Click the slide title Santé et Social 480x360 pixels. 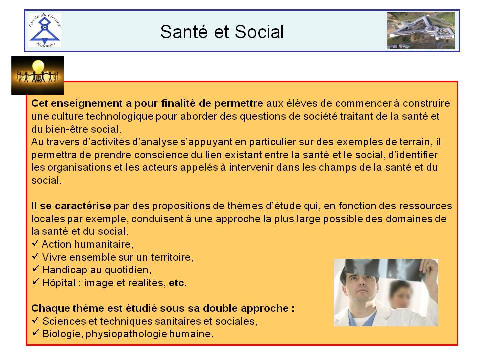(x=222, y=32)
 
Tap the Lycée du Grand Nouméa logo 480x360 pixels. (x=45, y=30)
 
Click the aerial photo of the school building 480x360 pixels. (x=421, y=30)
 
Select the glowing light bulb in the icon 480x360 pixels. (x=38, y=67)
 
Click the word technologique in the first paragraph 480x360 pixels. (x=120, y=116)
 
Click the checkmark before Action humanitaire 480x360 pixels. (x=36, y=243)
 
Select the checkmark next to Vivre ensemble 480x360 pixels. (x=36, y=256)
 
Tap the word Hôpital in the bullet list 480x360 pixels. (x=59, y=283)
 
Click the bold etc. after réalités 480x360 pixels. (x=178, y=283)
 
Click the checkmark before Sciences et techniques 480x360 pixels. (x=36, y=320)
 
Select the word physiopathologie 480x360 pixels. (x=126, y=334)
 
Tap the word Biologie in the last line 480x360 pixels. (x=63, y=334)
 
